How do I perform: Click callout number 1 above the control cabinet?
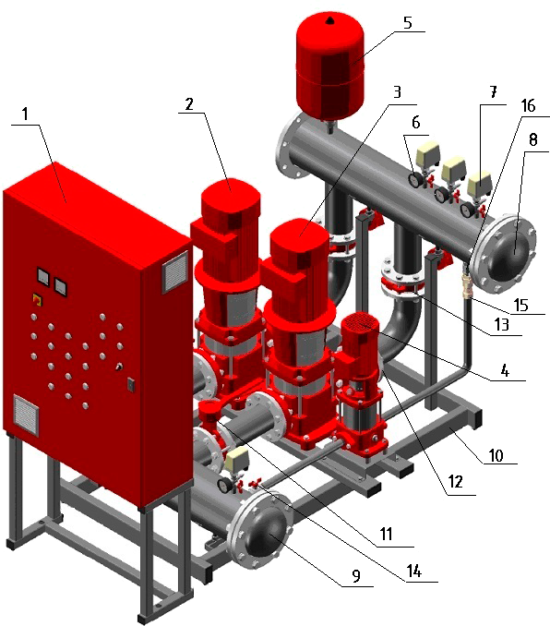tap(25, 114)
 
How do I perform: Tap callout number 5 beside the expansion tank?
tap(407, 23)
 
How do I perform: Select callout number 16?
tap(528, 106)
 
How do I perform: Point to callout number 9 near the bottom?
tap(356, 575)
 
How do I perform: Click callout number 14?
tap(414, 572)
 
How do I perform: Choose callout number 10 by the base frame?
tap(496, 455)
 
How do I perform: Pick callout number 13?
tap(502, 325)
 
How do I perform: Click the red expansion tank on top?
tap(330, 66)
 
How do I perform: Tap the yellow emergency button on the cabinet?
tap(37, 299)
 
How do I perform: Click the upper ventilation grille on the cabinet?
tap(174, 272)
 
